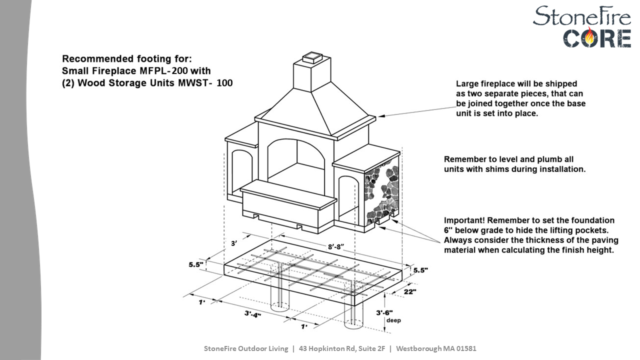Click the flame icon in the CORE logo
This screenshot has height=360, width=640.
pos(591,37)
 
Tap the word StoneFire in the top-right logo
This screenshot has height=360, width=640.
pos(581,16)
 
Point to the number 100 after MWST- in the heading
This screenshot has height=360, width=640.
pos(224,83)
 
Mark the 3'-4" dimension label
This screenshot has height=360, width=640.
pos(252,314)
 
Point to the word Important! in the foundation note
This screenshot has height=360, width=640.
pos(464,220)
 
